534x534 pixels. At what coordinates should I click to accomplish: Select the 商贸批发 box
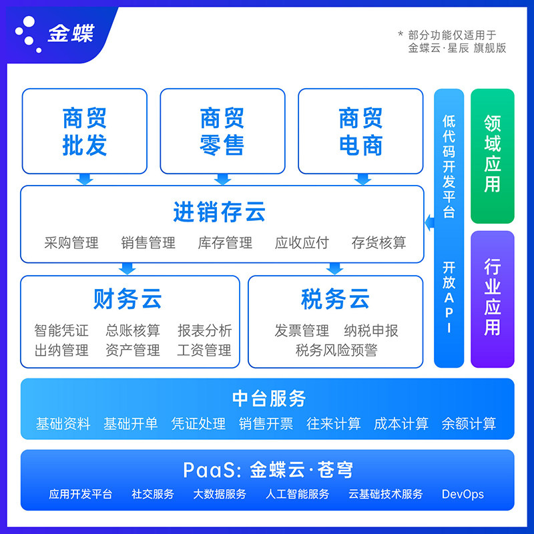[x=85, y=131]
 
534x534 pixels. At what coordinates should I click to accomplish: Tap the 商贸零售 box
[x=222, y=131]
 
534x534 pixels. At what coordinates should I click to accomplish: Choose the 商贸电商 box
[x=360, y=131]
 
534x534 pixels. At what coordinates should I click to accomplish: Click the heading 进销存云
[x=220, y=212]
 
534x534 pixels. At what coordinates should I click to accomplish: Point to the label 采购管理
[x=71, y=242]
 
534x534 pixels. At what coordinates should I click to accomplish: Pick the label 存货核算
[x=378, y=242]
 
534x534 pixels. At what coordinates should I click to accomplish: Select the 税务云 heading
[x=335, y=300]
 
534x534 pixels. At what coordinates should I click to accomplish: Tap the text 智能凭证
[x=61, y=330]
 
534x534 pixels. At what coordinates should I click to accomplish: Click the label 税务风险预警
[x=336, y=350]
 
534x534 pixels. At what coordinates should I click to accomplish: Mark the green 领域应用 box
[x=493, y=156]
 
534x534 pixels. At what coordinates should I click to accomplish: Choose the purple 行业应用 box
[x=493, y=298]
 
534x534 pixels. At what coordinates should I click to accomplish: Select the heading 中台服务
[x=269, y=398]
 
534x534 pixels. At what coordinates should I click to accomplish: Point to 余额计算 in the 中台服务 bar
[x=469, y=424]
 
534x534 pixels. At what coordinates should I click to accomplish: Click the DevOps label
[x=463, y=495]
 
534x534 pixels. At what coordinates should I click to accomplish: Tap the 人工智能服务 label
[x=297, y=495]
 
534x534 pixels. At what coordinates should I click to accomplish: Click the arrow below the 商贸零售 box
[x=223, y=179]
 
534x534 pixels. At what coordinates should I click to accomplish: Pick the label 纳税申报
[x=371, y=330]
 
